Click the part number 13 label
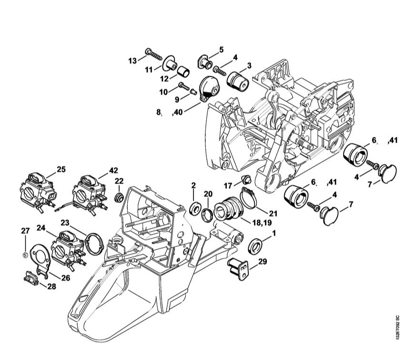point(132,60)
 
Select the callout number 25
point(61,169)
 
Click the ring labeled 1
point(256,246)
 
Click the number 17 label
point(228,185)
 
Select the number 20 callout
point(208,193)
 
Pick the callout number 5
point(221,49)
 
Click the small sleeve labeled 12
point(183,72)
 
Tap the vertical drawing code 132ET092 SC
point(397,326)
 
